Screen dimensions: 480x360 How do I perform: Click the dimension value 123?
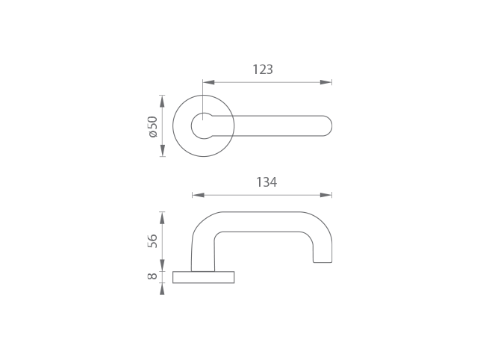coord(263,69)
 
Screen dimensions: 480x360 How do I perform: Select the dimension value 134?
coord(267,182)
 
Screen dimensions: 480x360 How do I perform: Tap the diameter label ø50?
coord(152,126)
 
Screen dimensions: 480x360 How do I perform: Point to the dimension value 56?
coord(152,241)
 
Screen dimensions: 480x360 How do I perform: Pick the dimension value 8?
coord(152,276)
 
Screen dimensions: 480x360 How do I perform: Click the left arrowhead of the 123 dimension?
coord(208,82)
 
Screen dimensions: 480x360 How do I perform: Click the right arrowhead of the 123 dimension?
coord(325,82)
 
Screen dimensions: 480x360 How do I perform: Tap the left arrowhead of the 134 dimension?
coord(198,195)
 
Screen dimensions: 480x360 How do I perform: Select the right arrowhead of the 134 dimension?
coord(325,195)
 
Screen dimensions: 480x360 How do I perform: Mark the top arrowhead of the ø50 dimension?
coord(162,101)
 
